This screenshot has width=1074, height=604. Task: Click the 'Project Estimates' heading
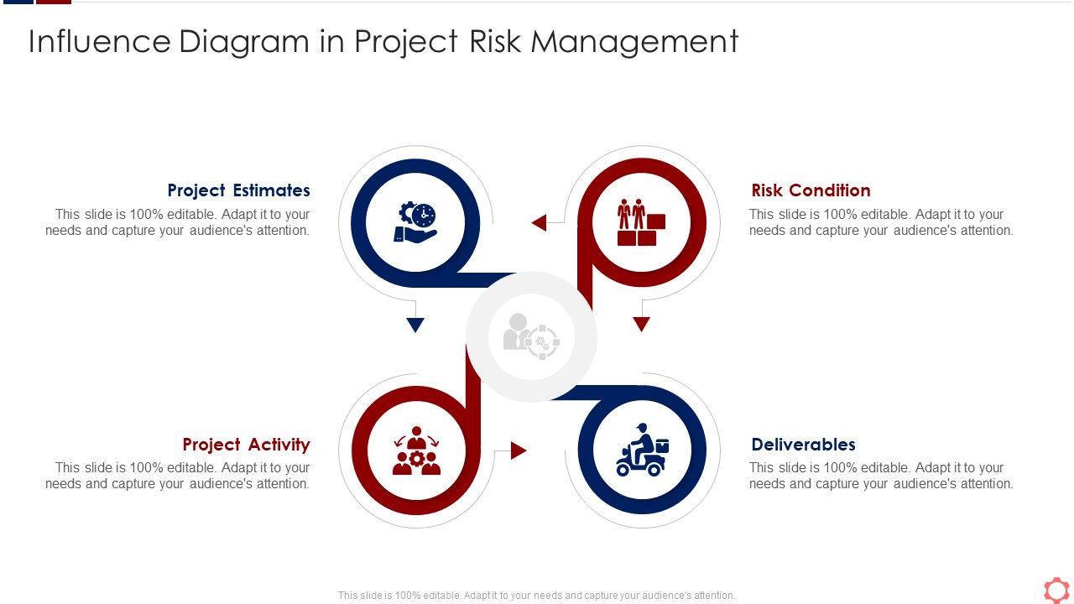pos(238,190)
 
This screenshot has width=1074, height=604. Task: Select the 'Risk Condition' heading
pos(811,190)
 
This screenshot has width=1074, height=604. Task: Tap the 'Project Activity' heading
pos(246,445)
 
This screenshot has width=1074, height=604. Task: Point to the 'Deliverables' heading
pos(803,445)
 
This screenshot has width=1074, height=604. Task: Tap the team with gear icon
pos(416,451)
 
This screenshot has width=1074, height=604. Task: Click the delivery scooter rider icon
pos(642,450)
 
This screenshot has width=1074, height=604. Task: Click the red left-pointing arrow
pos(539,222)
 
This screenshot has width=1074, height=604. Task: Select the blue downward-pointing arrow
pos(414,325)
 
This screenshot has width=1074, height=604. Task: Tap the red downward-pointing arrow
pos(641,324)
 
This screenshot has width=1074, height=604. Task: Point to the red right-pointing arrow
pos(519,450)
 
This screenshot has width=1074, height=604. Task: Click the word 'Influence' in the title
pos(98,41)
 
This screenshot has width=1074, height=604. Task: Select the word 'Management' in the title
pos(634,41)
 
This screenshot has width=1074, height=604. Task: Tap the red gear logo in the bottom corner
pos(1056,589)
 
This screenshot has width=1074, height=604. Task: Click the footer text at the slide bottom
pos(536,596)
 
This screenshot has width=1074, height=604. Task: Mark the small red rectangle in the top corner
pos(54,2)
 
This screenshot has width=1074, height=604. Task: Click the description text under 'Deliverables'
pos(881,476)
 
